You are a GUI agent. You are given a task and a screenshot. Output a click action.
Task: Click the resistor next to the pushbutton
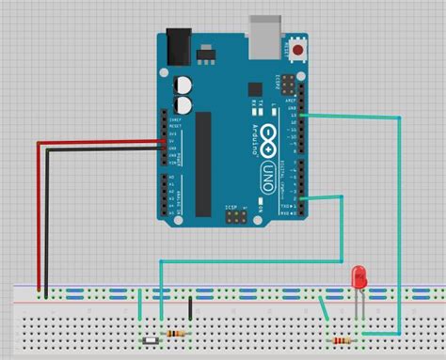176,334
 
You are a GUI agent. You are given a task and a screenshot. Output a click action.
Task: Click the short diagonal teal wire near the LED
325,307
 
